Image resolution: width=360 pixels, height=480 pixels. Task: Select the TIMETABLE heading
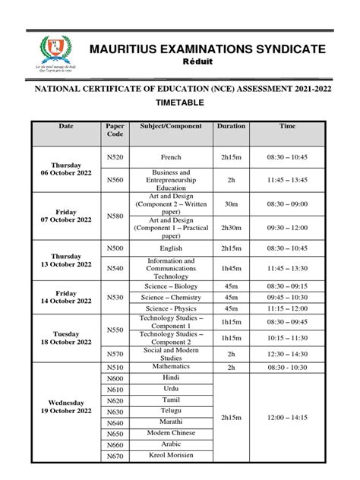tap(179, 100)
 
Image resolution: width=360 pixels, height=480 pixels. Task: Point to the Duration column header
tap(230, 125)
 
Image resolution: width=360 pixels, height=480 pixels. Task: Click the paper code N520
tap(115, 156)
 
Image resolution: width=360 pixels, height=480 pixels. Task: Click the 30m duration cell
tap(230, 203)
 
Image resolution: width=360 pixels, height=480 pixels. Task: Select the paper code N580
tap(115, 215)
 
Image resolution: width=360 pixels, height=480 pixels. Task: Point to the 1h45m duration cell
tap(230, 269)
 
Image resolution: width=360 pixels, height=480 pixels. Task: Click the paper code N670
tap(115, 456)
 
